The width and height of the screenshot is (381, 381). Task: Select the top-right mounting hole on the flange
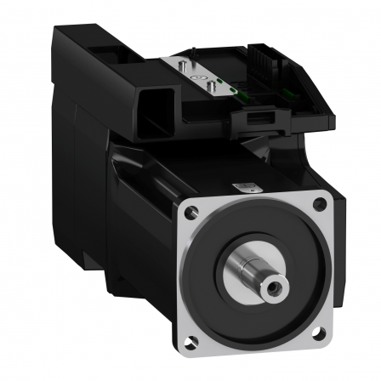point(320,203)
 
